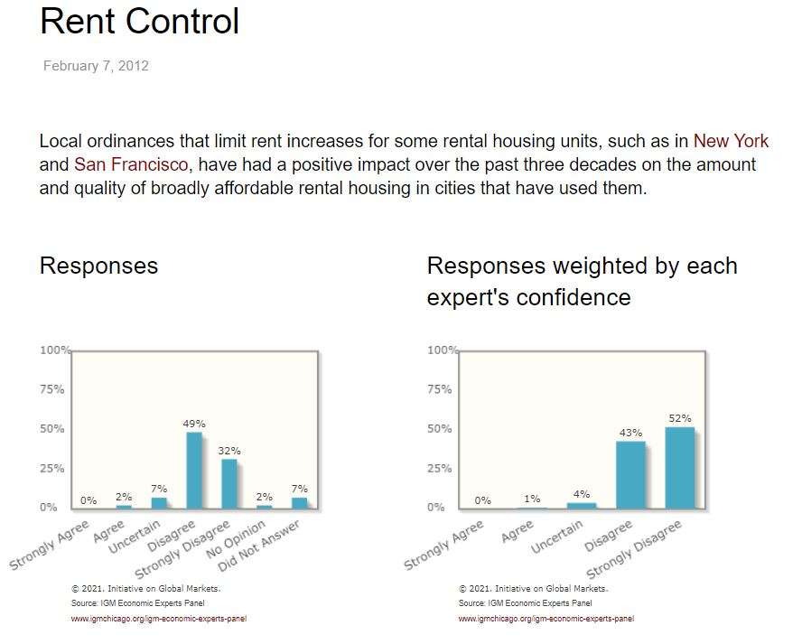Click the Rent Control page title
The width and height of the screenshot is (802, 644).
(140, 21)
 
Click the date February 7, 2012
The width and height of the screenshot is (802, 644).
(96, 66)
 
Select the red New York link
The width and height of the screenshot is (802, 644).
(731, 142)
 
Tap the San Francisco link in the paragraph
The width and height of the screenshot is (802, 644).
(131, 165)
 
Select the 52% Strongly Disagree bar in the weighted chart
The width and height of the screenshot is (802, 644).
(680, 467)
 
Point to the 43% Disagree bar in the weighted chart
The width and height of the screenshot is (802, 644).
(630, 474)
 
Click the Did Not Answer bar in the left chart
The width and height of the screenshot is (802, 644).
(300, 503)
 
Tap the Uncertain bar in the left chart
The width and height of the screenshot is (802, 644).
(159, 503)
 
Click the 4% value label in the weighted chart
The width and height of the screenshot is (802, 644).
(582, 494)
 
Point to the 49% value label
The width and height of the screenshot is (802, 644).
(194, 423)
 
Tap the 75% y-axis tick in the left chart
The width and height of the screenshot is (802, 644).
(52, 389)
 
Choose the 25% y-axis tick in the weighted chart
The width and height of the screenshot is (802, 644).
(440, 468)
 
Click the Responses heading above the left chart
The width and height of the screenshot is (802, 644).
(98, 266)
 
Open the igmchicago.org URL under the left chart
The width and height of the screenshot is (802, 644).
(159, 619)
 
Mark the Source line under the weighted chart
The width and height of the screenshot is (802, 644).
(526, 602)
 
